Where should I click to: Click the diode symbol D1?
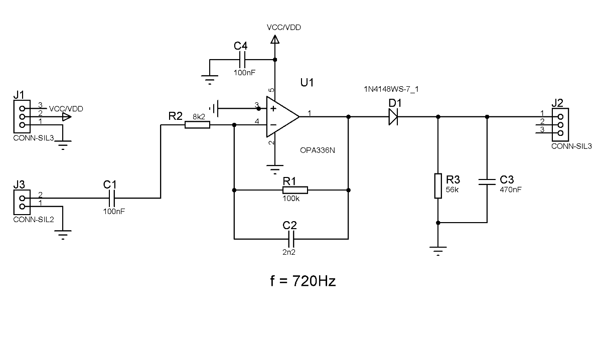[393, 117]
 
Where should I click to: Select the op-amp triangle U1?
[282, 117]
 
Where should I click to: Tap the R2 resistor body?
[197, 125]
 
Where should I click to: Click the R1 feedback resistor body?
[295, 190]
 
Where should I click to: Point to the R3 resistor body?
[438, 186]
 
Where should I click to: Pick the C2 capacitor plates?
[291, 239]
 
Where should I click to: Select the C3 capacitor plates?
[487, 182]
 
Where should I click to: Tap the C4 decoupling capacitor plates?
[242, 60]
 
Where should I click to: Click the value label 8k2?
[199, 117]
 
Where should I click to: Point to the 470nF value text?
[511, 190]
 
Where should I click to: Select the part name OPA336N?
[318, 150]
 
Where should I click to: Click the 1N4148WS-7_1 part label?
[391, 89]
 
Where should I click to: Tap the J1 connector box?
[22, 117]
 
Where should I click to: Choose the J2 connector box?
[560, 125]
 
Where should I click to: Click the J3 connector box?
[22, 203]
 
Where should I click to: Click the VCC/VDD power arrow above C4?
[275, 40]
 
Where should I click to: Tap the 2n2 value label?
[289, 252]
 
